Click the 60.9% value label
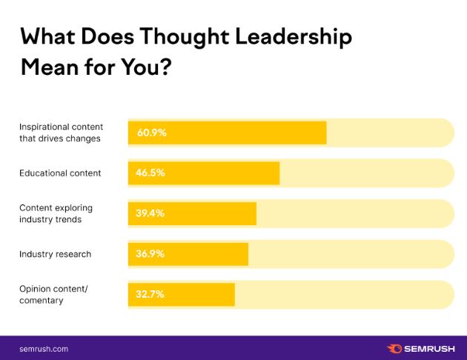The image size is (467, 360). coord(151,133)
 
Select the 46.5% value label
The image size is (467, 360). coord(150,173)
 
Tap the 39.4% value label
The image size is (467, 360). coord(150,213)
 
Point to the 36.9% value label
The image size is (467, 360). coord(150,254)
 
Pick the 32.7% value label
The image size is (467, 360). coord(150,294)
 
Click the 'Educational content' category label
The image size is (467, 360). coord(60,173)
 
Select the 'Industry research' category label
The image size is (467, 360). coord(55,254)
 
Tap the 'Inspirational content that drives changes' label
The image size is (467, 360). coord(61,133)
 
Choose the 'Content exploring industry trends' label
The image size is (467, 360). coord(56,213)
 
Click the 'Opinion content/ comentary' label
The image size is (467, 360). coord(53,294)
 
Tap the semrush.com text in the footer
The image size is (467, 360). coord(44,348)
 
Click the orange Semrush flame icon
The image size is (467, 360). coord(394,348)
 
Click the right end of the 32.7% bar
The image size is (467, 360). coord(233,294)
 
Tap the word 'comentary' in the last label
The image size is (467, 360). coord(41,300)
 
